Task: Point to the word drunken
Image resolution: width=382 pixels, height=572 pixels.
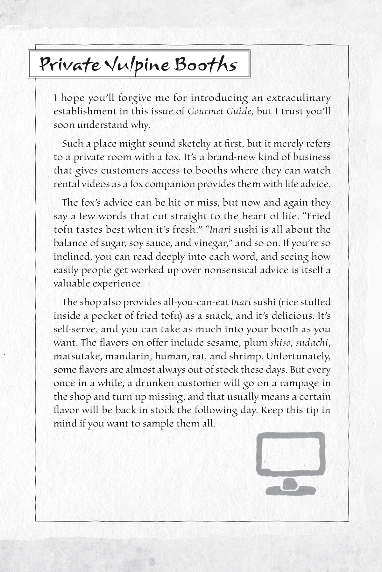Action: (154, 383)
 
